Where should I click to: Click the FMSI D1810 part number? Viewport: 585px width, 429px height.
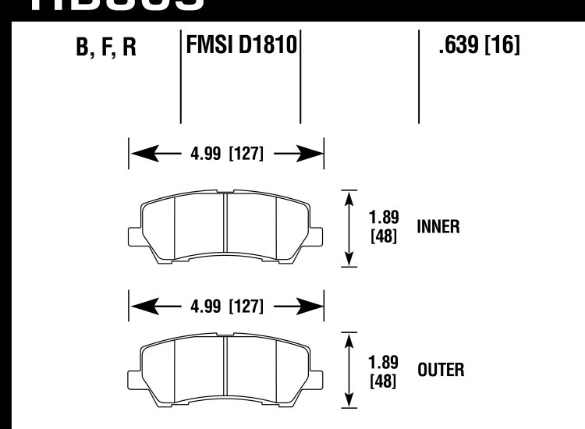[241, 45]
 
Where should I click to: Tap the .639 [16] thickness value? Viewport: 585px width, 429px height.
[479, 46]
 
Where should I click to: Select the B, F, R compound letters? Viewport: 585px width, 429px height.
[106, 48]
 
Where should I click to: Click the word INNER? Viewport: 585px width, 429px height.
[438, 227]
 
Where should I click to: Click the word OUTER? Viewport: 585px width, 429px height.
[441, 370]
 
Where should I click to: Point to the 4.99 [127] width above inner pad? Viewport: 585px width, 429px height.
[225, 154]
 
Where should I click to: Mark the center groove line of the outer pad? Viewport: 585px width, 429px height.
[225, 371]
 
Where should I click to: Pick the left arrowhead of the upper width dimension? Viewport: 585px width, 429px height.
[138, 154]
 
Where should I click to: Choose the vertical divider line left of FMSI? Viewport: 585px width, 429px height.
[181, 78]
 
